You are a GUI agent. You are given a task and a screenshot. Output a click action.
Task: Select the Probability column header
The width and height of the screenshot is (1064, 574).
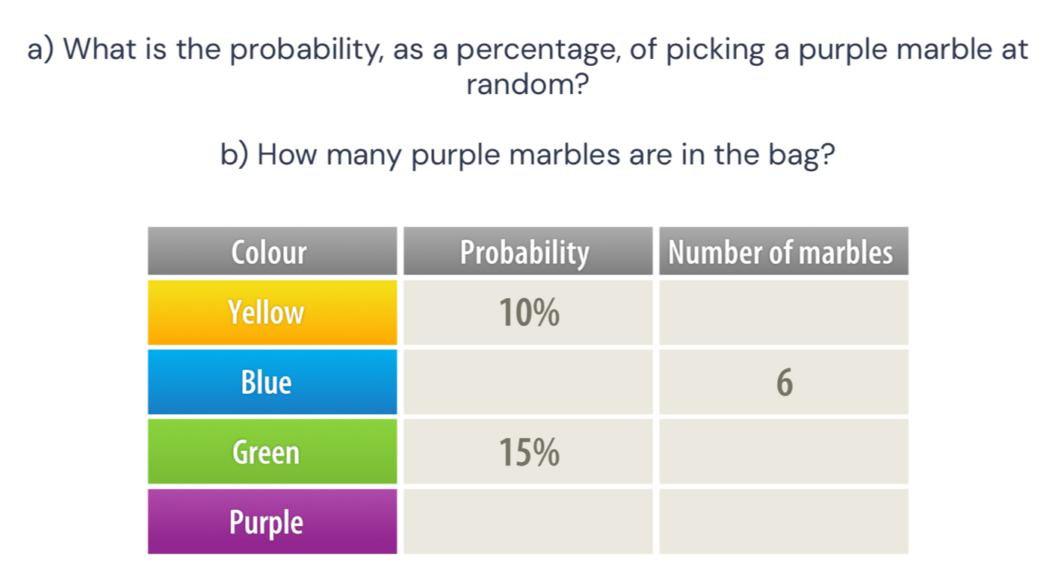pos(525,253)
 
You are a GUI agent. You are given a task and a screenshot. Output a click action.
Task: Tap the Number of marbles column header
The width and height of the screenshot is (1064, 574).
pos(781,253)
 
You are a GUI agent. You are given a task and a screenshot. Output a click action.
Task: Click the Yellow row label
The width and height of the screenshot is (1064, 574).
pos(267,312)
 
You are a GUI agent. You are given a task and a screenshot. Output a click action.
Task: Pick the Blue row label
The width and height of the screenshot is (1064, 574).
pos(267,383)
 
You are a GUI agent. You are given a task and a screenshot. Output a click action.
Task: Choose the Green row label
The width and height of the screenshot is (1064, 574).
pos(267,452)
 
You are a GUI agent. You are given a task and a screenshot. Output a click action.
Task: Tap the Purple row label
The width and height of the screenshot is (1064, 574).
pos(267,522)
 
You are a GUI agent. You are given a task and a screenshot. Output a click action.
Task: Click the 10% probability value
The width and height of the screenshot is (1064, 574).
pos(528,313)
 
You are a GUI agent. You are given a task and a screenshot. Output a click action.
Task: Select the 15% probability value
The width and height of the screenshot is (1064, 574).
pos(528,453)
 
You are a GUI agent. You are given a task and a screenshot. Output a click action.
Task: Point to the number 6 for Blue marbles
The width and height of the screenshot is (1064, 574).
pos(783,383)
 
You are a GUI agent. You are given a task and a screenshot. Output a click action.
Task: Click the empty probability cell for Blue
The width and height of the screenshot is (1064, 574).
pos(528,382)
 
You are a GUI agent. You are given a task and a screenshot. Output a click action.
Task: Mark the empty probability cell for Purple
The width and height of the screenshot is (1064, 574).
pos(528,522)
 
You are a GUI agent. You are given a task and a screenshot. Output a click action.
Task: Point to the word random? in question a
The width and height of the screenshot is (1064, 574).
pos(525,86)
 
